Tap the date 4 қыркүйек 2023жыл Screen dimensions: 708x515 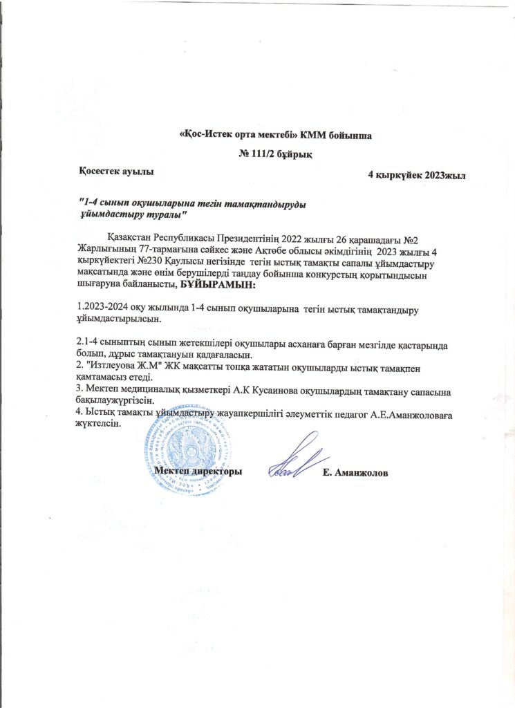coord(417,176)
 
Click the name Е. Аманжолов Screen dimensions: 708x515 coord(355,473)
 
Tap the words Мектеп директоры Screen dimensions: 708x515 coord(198,471)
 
